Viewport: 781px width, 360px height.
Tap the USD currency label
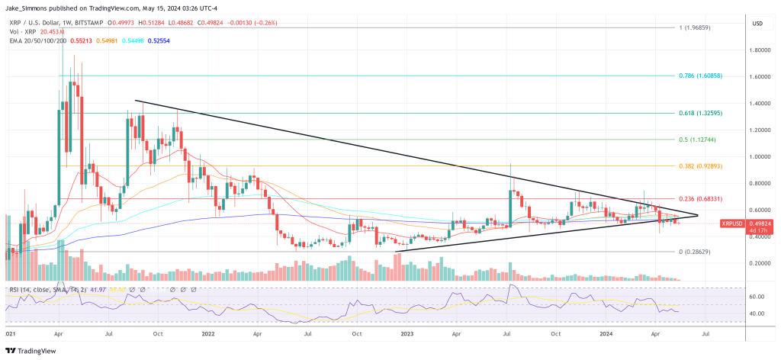(x=757, y=24)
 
